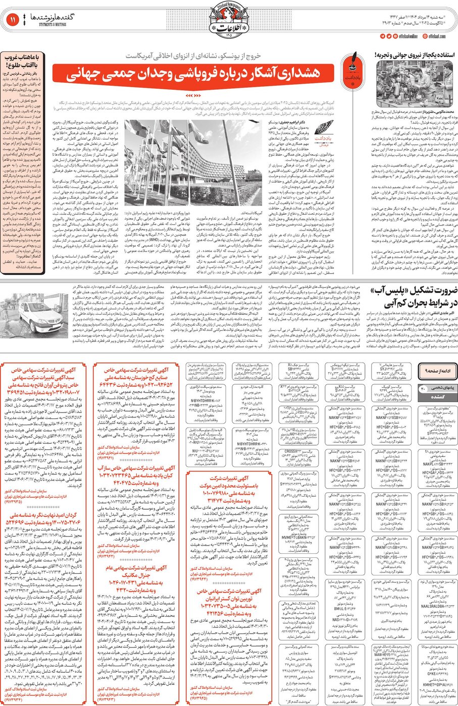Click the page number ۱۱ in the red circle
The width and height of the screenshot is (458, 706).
(12, 20)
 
